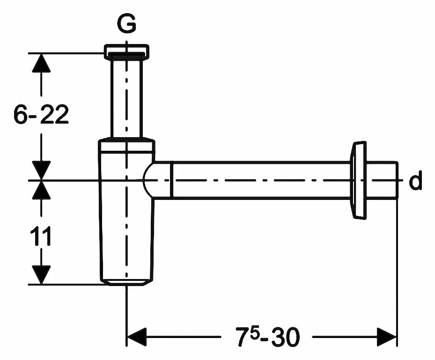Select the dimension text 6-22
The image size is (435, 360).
(x=41, y=115)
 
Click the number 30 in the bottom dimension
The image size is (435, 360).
(x=285, y=337)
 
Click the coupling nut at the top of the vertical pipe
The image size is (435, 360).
(x=127, y=51)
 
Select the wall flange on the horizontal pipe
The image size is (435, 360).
(x=358, y=181)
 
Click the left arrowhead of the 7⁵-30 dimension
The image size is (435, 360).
(x=137, y=336)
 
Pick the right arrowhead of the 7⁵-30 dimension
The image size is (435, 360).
(x=387, y=336)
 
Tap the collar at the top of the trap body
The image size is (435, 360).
(x=126, y=145)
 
